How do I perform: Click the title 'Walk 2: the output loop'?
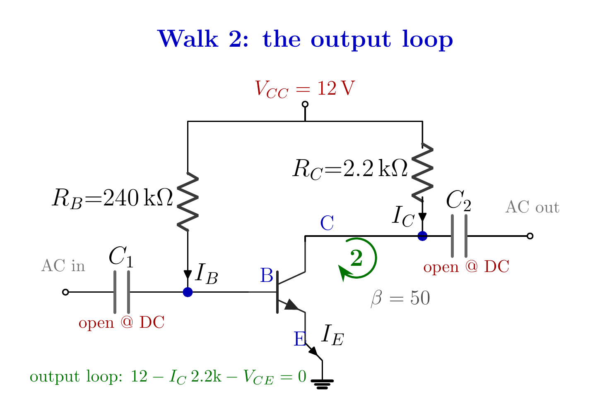tap(305, 39)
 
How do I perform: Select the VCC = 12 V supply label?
tap(305, 88)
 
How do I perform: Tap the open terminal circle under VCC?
tap(305, 105)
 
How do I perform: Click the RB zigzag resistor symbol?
tap(188, 202)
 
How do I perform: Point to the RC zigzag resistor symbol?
tap(422, 172)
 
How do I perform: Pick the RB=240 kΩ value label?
tap(113, 198)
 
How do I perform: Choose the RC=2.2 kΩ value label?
tap(350, 169)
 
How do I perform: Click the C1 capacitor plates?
tap(122, 292)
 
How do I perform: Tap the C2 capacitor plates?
tap(459, 236)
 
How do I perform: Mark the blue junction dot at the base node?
tap(188, 292)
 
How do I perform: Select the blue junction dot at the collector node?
tap(422, 236)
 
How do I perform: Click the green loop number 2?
tap(356, 258)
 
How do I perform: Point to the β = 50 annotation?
tap(400, 298)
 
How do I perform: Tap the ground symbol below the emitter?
tap(322, 384)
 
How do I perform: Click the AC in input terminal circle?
tap(65, 292)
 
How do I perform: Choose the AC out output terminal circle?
tap(530, 236)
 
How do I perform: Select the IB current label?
tap(207, 274)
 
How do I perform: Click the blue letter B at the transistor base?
tap(266, 275)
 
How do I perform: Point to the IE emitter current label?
tap(332, 335)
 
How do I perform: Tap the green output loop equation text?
tap(168, 377)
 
